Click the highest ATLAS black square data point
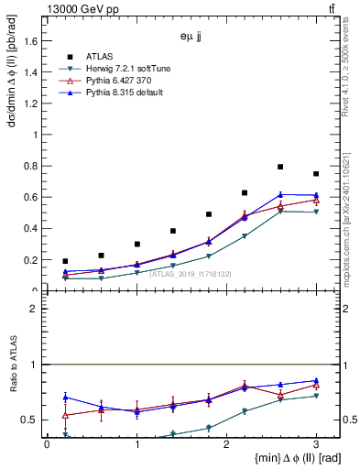280,167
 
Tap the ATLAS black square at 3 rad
316,174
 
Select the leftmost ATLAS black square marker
65,261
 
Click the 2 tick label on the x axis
226,444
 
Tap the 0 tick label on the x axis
47,444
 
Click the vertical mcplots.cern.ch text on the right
352,220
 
